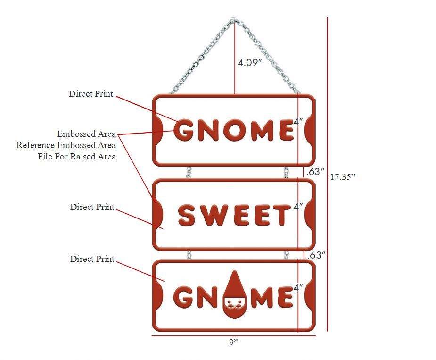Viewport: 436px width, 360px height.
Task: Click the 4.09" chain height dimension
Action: click(x=249, y=62)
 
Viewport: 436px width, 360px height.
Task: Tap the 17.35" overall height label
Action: click(x=342, y=177)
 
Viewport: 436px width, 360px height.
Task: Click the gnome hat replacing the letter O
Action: click(x=234, y=284)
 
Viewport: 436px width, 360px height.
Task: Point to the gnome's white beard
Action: click(x=234, y=309)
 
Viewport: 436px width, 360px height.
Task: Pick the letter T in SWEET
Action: click(x=282, y=216)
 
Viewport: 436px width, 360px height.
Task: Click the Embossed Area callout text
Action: click(x=86, y=134)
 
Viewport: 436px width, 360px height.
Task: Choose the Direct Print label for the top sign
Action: click(x=91, y=94)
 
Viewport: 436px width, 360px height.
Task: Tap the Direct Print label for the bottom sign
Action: click(x=92, y=259)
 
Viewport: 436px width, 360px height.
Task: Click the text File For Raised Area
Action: click(x=77, y=157)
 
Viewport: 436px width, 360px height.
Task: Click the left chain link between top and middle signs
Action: click(x=189, y=172)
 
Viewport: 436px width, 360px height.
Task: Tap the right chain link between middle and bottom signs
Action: click(x=286, y=255)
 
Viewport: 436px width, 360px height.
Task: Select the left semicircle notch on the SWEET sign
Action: click(x=159, y=215)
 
